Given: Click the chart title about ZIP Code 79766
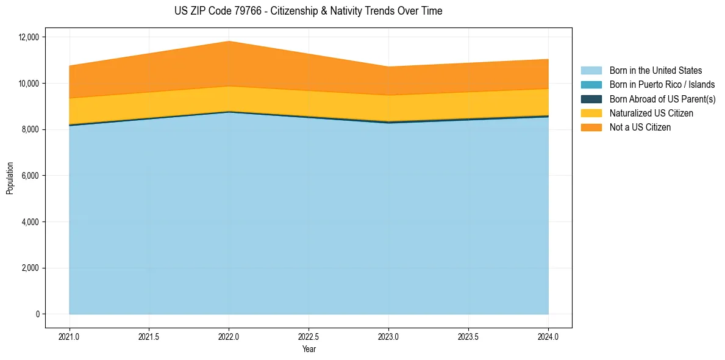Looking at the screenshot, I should [x=308, y=11].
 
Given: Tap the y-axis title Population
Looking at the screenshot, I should [x=10, y=178].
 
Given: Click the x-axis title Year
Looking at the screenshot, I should [x=309, y=350].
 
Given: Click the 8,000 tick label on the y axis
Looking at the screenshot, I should [x=29, y=129].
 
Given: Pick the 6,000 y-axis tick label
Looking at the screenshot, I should [x=29, y=176].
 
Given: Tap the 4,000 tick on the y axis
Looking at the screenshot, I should [x=29, y=222].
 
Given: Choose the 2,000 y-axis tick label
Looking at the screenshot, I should [x=29, y=268].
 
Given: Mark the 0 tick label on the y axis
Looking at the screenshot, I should [x=37, y=314].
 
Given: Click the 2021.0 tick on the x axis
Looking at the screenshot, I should [x=70, y=336].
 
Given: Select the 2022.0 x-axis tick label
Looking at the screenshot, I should [x=229, y=336].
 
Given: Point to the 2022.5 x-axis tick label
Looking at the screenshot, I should [x=309, y=336].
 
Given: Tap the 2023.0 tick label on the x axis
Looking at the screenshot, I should [x=388, y=336].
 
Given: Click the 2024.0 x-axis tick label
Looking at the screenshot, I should [x=548, y=336].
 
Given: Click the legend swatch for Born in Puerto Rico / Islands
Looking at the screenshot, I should [x=591, y=85].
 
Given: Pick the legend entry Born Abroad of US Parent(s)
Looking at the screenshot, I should [x=662, y=99].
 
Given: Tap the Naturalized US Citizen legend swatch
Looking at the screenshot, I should [x=591, y=113].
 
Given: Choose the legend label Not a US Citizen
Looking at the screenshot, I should [x=640, y=128].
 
